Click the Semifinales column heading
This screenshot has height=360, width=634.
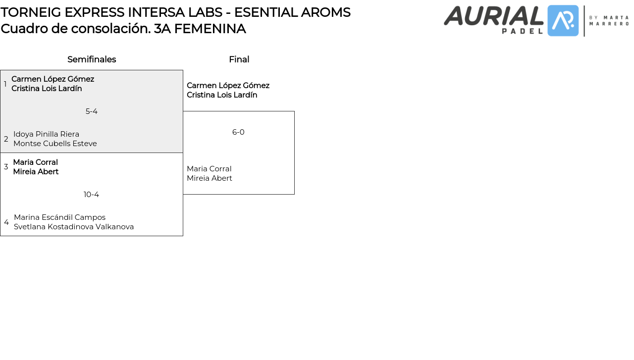[x=92, y=59]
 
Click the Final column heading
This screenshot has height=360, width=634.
[x=239, y=59]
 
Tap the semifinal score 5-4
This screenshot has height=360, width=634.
[x=92, y=111]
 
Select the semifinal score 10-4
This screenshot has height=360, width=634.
[x=91, y=195]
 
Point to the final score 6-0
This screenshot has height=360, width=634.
[x=238, y=132]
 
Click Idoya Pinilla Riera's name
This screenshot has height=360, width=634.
[x=46, y=134]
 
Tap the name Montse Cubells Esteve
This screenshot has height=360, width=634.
[x=55, y=144]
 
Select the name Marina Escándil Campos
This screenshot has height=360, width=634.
[x=59, y=217]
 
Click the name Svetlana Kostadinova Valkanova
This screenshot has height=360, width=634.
[x=74, y=227]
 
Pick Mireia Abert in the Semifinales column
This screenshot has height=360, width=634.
[x=36, y=172]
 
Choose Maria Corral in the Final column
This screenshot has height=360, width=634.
[x=209, y=169]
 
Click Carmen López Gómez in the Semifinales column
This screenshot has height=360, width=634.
[x=53, y=79]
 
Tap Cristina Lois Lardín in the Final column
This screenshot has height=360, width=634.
[x=222, y=95]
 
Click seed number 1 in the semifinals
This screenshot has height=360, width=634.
[x=5, y=84]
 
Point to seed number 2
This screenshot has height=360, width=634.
[x=6, y=139]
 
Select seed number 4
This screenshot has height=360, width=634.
[x=6, y=222]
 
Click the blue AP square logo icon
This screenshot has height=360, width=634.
[x=563, y=21]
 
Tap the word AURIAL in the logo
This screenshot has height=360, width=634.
[x=493, y=16]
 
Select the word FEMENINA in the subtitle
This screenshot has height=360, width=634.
[x=210, y=29]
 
